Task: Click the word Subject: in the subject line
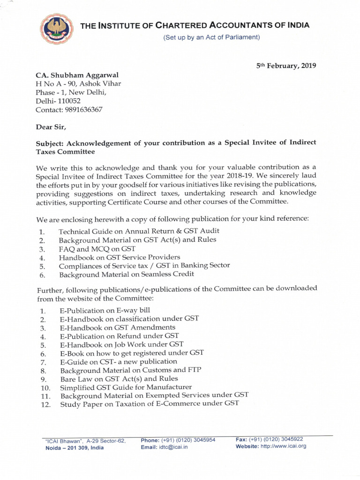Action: (51, 143)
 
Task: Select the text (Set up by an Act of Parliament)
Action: (211, 37)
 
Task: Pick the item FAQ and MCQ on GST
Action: (97, 249)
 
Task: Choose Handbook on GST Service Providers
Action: (120, 257)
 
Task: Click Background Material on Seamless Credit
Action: (127, 274)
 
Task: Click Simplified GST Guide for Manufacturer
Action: (126, 387)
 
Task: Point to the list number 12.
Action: (45, 405)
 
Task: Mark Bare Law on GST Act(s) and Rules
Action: (119, 379)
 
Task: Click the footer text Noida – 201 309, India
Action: (75, 448)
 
